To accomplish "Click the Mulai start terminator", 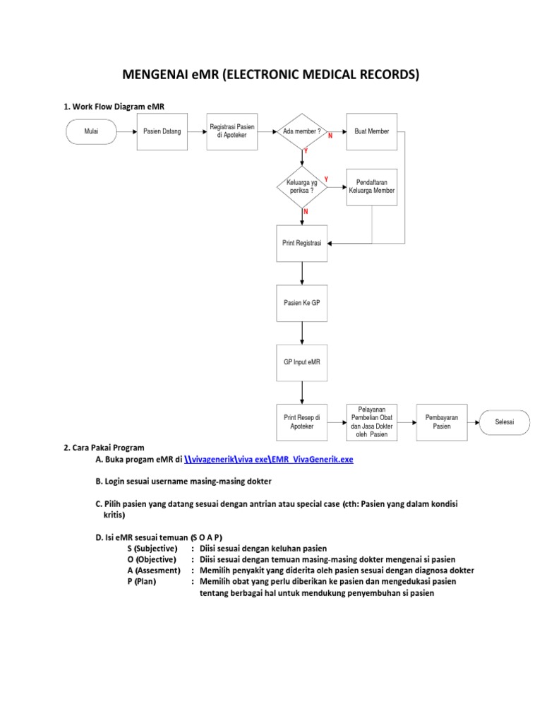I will pos(91,131).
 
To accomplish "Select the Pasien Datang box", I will pos(162,131).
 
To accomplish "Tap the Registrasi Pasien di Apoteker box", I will pos(231,131).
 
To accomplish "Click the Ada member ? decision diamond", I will pos(302,131).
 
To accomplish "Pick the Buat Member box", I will pos(372,131).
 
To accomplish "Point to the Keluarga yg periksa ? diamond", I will pos(302,187).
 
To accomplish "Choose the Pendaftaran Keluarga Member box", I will pos(372,187).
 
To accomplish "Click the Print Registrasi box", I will pos(302,243).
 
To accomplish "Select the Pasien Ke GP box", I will pos(302,302).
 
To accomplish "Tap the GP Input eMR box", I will pos(302,362).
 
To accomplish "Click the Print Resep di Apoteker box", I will pos(302,422).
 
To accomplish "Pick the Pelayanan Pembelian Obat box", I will pos(372,422).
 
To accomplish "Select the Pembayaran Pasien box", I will pos(441,422).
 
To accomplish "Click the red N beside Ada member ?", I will pos(330,136).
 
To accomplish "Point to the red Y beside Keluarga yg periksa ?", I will pos(325,179).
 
